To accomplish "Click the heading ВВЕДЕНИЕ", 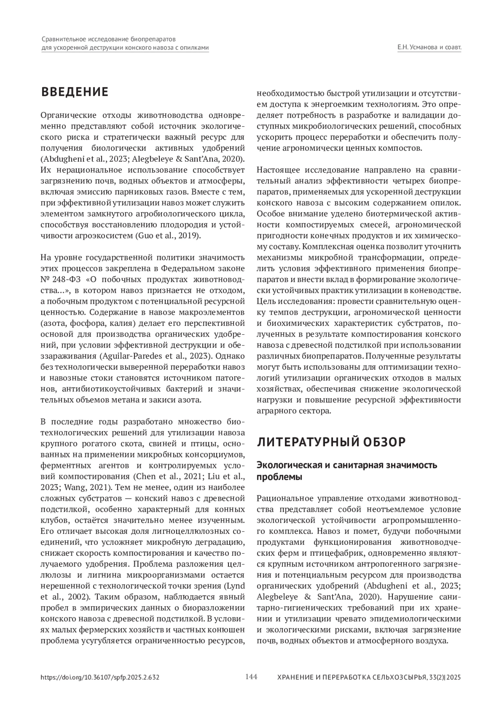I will tap(74, 92).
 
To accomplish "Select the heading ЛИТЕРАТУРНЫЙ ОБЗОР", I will tap(331, 442).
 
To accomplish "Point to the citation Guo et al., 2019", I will tap(168, 236).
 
